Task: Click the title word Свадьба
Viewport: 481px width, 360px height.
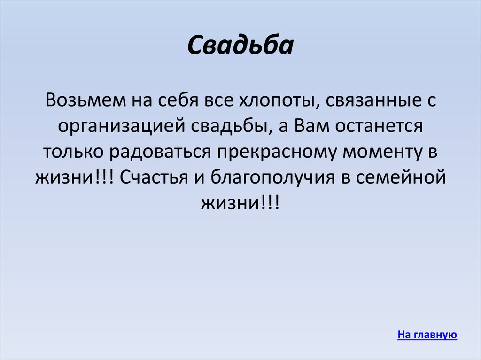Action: [x=240, y=46]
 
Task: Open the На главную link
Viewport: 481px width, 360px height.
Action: [x=427, y=335]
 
